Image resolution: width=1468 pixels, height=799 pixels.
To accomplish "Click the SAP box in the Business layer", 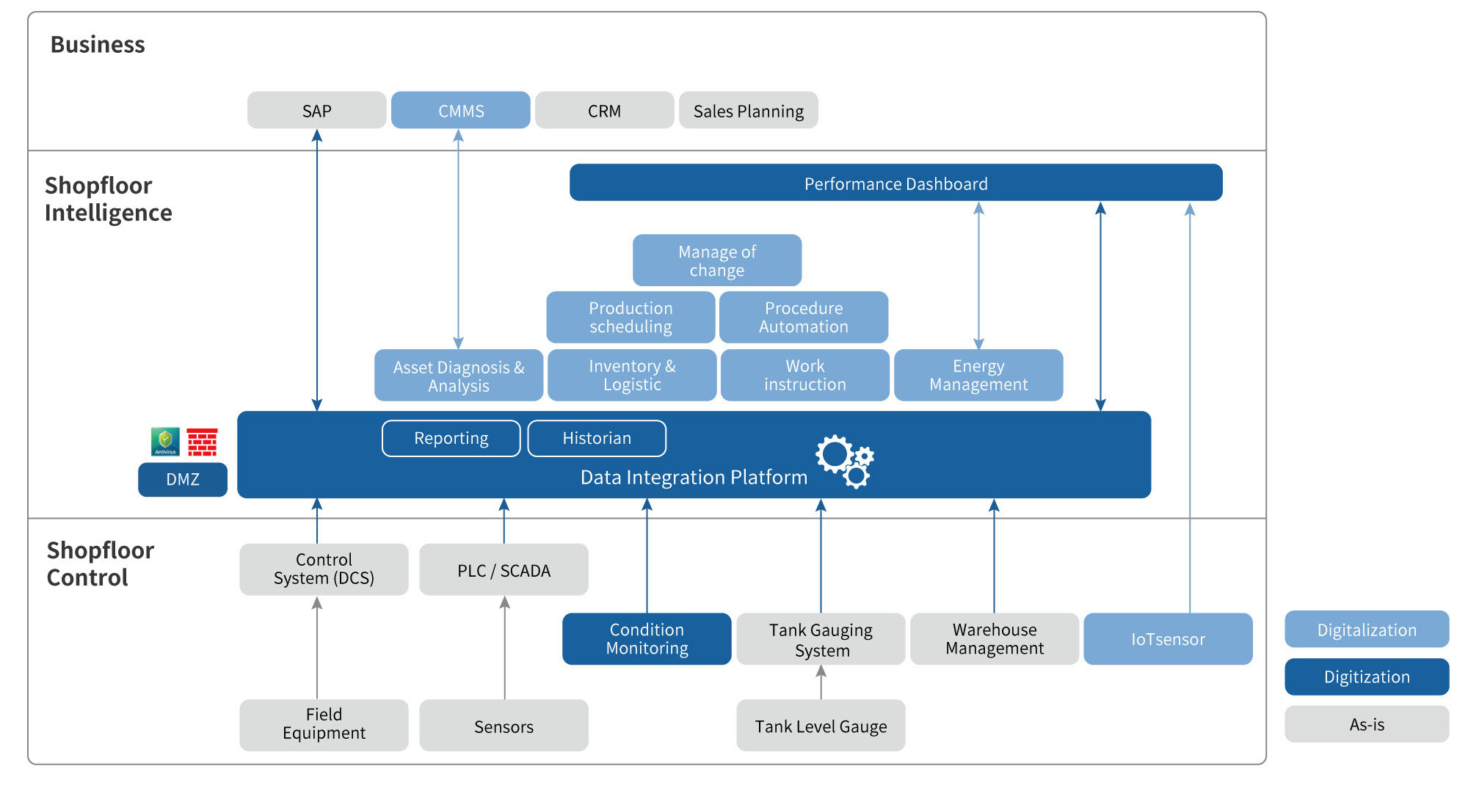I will (x=316, y=111).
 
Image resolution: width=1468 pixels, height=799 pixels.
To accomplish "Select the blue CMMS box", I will (x=460, y=111).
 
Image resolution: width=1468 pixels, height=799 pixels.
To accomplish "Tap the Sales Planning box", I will (x=748, y=111).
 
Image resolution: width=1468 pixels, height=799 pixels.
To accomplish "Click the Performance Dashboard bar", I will (x=895, y=183).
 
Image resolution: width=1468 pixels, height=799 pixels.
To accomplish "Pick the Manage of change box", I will (x=716, y=260).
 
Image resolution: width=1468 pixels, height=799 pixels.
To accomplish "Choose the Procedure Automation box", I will (x=803, y=318).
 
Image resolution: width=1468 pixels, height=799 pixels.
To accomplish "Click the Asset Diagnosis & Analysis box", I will (x=458, y=376).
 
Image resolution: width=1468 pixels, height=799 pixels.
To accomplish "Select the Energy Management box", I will (x=978, y=375).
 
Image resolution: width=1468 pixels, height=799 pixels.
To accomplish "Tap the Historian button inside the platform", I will (x=596, y=438).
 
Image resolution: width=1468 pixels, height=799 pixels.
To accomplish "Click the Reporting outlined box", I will (x=451, y=438).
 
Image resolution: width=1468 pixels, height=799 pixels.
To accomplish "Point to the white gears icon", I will (x=844, y=461).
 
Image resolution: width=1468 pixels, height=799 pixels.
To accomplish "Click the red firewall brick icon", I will (x=202, y=442).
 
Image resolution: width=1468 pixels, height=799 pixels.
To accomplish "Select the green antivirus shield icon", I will (x=165, y=442).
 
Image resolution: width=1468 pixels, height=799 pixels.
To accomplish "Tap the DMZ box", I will (x=182, y=479).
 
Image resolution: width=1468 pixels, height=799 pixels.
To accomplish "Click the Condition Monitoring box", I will (x=646, y=639).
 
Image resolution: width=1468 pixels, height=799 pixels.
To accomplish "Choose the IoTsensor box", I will (x=1167, y=639).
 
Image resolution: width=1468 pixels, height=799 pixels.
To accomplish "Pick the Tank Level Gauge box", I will (x=820, y=726).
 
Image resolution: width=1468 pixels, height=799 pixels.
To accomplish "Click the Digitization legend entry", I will (x=1366, y=676).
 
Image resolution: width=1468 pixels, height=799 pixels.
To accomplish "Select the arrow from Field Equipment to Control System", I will (x=317, y=646).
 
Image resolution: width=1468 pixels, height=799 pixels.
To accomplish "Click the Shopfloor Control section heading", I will (x=101, y=563).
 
